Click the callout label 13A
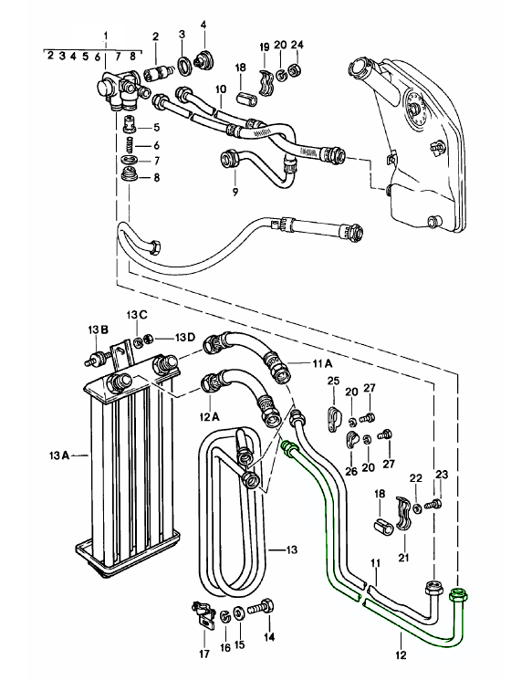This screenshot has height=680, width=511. click(60, 454)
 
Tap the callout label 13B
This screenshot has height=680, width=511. click(98, 329)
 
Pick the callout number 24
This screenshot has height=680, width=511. click(297, 46)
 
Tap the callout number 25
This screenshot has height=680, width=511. click(333, 380)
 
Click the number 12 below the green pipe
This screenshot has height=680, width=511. click(400, 654)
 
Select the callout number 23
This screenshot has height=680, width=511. click(443, 474)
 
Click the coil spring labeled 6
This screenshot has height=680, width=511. click(130, 144)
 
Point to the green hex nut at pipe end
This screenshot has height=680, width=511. click(460, 597)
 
